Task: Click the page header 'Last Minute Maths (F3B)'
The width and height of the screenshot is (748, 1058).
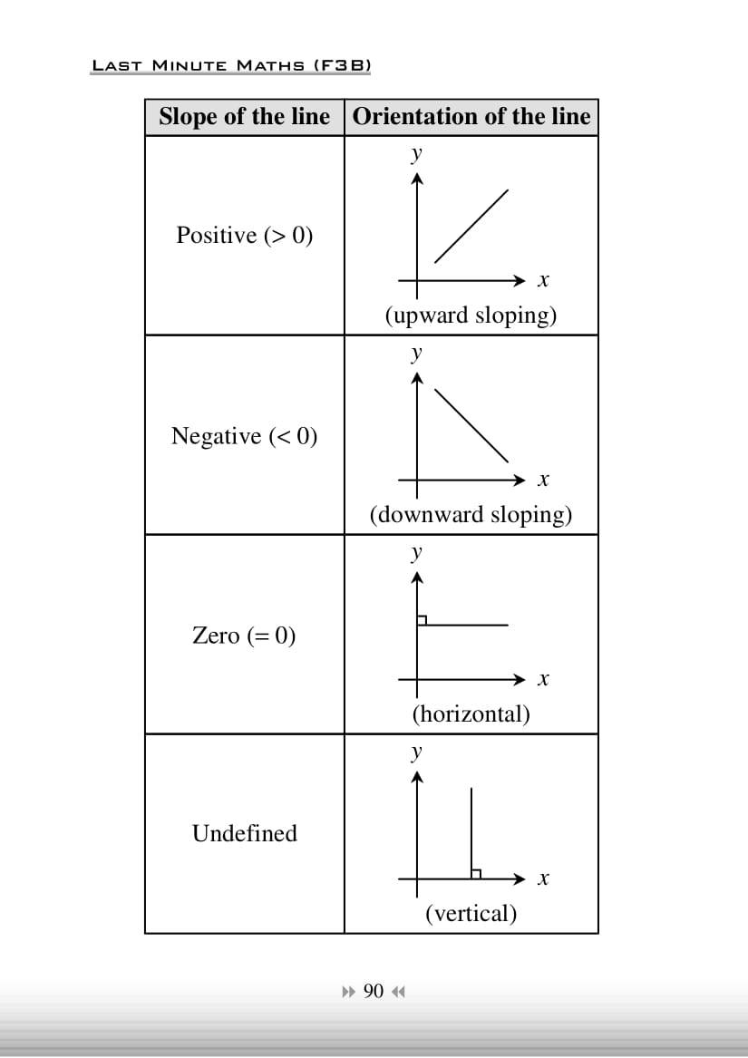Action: pyautogui.click(x=231, y=65)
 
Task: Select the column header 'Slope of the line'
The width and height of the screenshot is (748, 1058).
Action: pyautogui.click(x=244, y=117)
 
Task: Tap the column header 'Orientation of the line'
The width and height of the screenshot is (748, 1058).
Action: pyautogui.click(x=471, y=117)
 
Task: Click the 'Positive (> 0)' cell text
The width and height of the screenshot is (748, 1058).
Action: pyautogui.click(x=244, y=236)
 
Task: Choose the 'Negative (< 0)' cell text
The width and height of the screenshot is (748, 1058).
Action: pyautogui.click(x=244, y=436)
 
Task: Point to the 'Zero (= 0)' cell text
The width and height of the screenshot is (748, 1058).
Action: pyautogui.click(x=244, y=635)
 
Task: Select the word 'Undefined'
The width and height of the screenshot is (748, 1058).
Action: pyautogui.click(x=244, y=833)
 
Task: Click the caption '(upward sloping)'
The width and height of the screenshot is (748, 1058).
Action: pyautogui.click(x=471, y=315)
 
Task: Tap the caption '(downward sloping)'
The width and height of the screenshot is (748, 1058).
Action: pyautogui.click(x=471, y=515)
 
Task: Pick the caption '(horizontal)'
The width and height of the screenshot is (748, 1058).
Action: pyautogui.click(x=471, y=713)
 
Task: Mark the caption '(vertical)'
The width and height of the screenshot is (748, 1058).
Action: pyautogui.click(x=471, y=913)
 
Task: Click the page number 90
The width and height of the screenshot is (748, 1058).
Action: pyautogui.click(x=374, y=991)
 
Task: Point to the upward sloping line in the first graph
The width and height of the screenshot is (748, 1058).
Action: pyautogui.click(x=471, y=226)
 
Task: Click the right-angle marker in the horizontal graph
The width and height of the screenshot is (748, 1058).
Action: pyautogui.click(x=422, y=620)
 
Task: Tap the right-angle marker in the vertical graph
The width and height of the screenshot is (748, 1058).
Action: pyautogui.click(x=475, y=874)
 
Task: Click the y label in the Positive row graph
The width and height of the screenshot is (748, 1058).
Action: pyautogui.click(x=416, y=153)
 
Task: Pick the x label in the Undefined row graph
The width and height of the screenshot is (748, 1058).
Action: pyautogui.click(x=543, y=878)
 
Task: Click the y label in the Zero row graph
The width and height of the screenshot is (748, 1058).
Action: pyautogui.click(x=416, y=551)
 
